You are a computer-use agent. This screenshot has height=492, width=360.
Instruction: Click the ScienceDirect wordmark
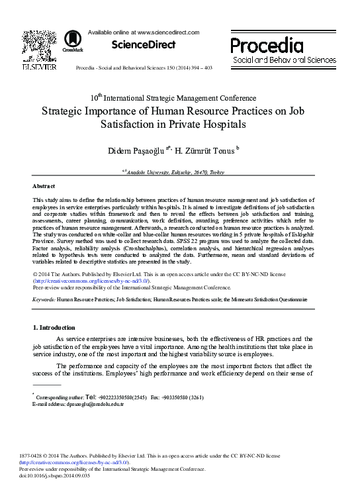click(143, 45)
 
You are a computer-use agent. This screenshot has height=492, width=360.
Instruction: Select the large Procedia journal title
click(267, 45)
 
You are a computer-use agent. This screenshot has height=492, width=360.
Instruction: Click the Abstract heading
click(44, 187)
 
